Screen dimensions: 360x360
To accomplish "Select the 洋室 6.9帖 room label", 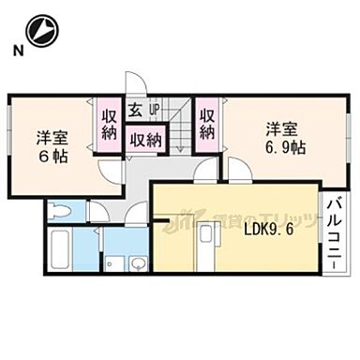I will pos(281,138).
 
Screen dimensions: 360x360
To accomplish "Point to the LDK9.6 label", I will pos(268,229).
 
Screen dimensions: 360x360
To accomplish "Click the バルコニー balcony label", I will pos(335,231).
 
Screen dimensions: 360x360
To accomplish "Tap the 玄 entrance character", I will pos(135,111).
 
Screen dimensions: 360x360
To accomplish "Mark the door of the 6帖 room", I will pos(111,172).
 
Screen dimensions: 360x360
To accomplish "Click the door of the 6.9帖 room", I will pos(236,169).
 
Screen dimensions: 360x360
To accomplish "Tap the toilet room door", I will pos(97,213).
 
